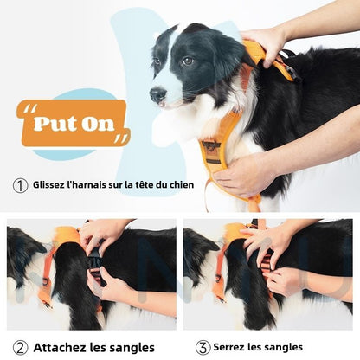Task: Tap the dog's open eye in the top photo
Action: tap(187, 61)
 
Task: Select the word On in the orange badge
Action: tap(98, 124)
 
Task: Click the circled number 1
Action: tap(20, 184)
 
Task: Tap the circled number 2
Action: tap(20, 347)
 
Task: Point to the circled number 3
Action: tap(202, 347)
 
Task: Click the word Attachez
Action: tap(64, 347)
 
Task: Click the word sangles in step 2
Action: tap(130, 347)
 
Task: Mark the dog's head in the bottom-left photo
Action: tap(22, 251)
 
